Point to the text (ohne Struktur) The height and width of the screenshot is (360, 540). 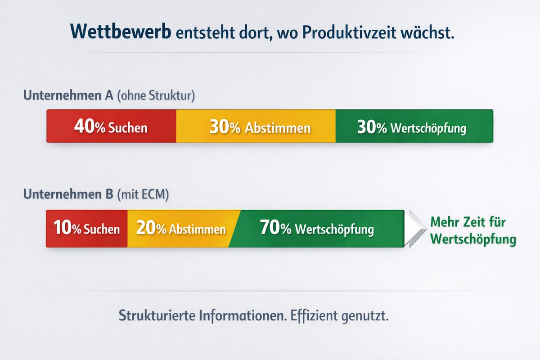pos(156,96)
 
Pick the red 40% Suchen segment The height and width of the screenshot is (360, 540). pos(111,126)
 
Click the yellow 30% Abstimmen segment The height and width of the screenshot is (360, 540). pos(256,126)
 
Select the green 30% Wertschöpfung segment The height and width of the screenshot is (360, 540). pos(414,126)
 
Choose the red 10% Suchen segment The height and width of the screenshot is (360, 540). pos(87,229)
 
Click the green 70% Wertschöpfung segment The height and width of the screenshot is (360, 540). pos(317,229)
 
